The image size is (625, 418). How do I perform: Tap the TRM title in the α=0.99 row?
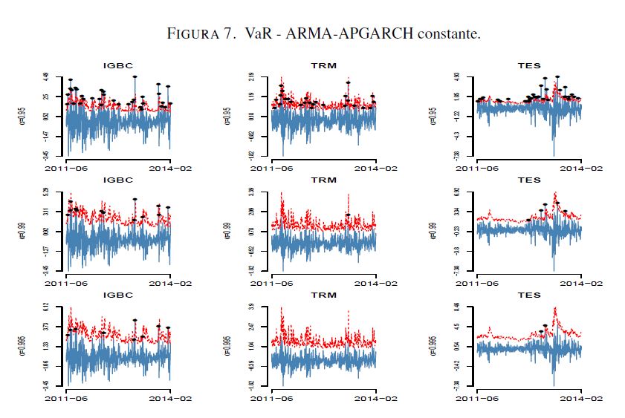point(323,180)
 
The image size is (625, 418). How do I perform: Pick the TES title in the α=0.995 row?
point(528,295)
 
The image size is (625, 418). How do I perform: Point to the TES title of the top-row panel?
point(528,65)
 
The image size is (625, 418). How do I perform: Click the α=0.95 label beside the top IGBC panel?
point(25,115)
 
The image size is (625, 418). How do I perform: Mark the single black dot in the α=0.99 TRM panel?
point(348,215)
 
